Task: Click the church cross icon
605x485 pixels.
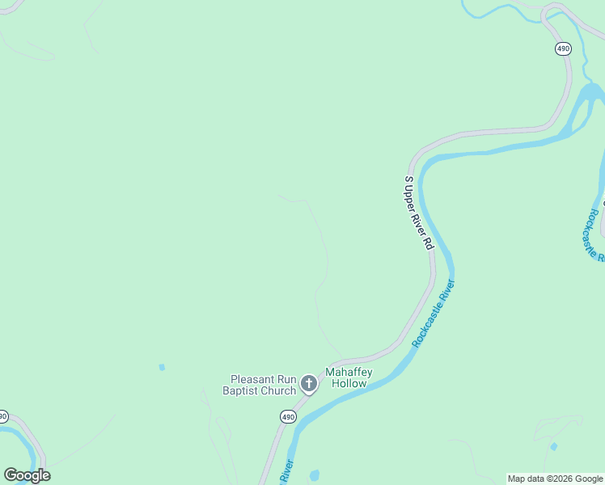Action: [x=308, y=384]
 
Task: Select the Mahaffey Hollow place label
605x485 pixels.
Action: [x=347, y=377]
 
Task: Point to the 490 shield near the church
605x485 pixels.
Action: [x=288, y=416]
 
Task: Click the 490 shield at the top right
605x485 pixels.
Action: [x=563, y=48]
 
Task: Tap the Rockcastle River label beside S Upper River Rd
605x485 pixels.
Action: [x=434, y=314]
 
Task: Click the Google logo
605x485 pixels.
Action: [x=27, y=475]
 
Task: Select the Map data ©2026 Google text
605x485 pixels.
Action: [x=555, y=479]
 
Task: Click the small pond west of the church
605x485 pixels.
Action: [x=162, y=367]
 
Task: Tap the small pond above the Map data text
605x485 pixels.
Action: [x=554, y=446]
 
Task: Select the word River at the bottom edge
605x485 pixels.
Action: [x=286, y=474]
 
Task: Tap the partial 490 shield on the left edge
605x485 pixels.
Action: [x=3, y=416]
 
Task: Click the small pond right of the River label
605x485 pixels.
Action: [x=314, y=474]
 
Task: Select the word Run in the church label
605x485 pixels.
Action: [x=286, y=379]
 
